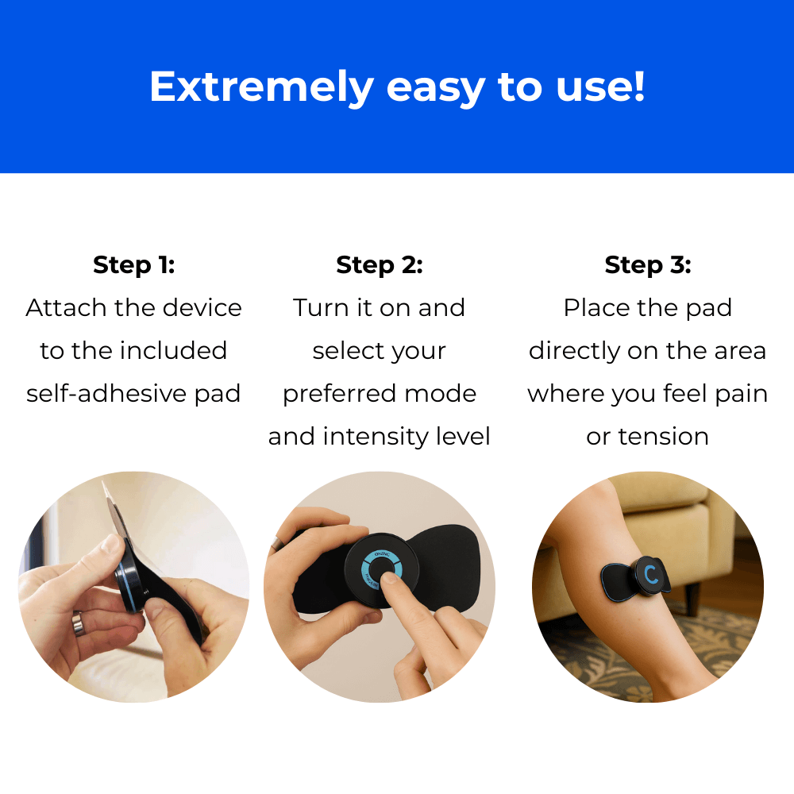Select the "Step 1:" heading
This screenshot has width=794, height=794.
point(133,265)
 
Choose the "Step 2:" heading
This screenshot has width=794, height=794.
point(380,265)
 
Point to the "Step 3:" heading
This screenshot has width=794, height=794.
point(648,265)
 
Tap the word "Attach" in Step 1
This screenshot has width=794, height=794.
point(63,308)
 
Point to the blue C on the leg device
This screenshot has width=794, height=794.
point(651,574)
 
